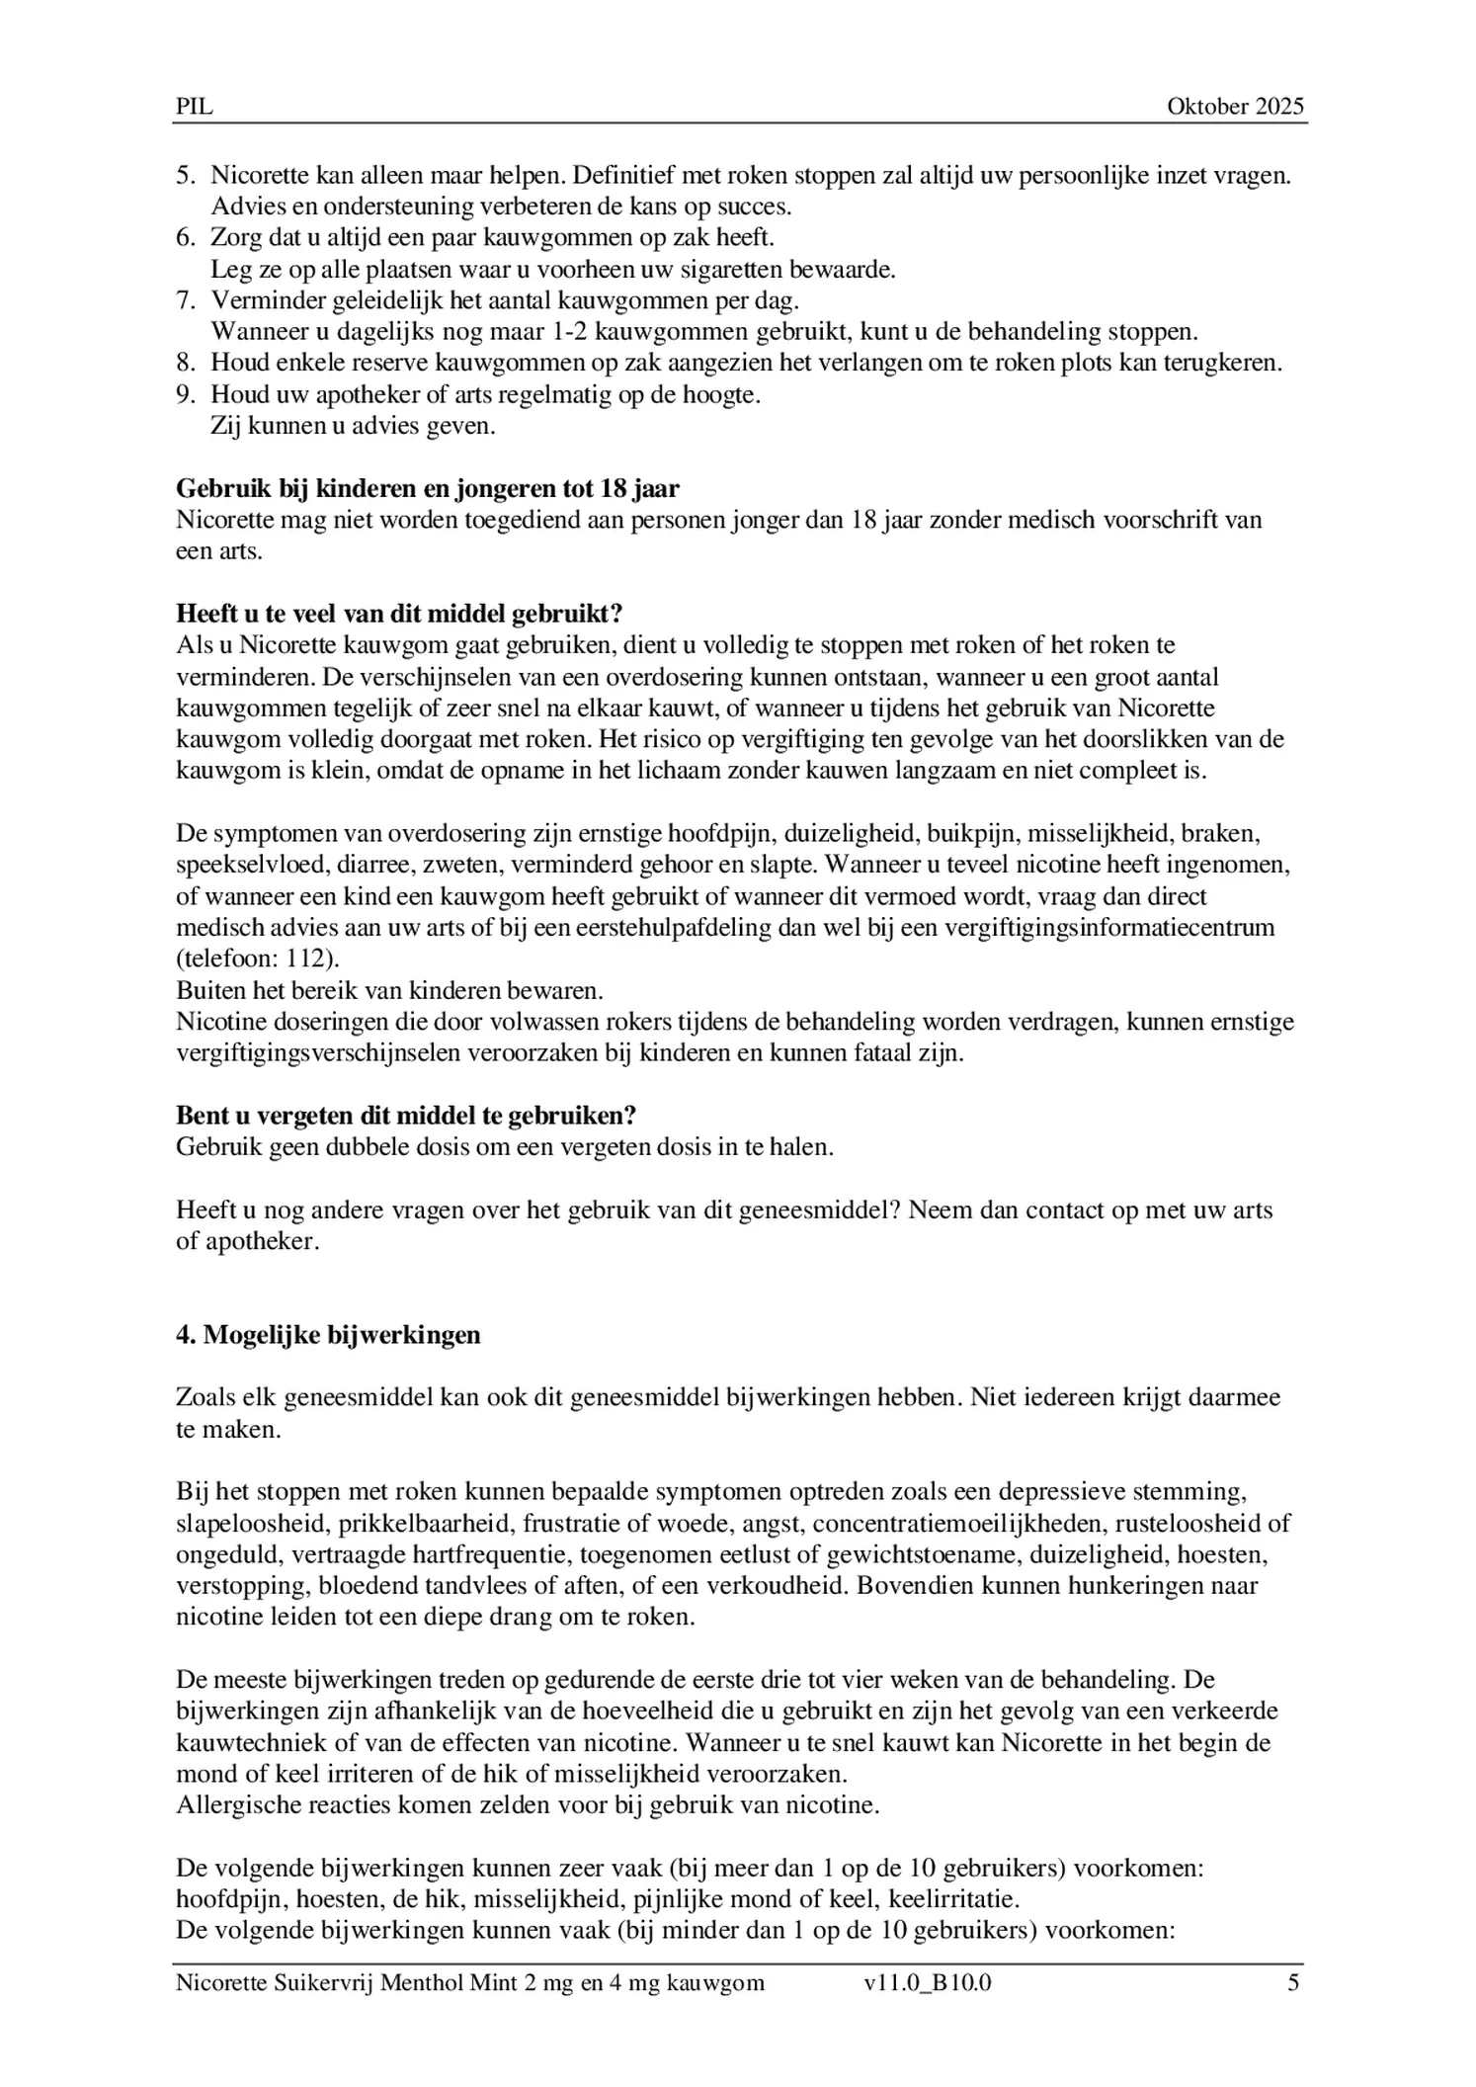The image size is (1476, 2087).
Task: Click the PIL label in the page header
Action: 194,107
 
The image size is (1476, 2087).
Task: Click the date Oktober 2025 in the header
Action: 1235,107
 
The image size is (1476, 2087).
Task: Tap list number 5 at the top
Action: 186,176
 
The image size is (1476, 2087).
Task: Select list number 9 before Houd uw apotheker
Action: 186,394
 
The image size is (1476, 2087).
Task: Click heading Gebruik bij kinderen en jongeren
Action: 428,488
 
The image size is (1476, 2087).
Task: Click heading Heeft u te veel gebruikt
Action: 399,614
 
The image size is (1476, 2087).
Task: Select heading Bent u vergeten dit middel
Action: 405,1115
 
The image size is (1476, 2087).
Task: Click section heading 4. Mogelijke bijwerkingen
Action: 328,1335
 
